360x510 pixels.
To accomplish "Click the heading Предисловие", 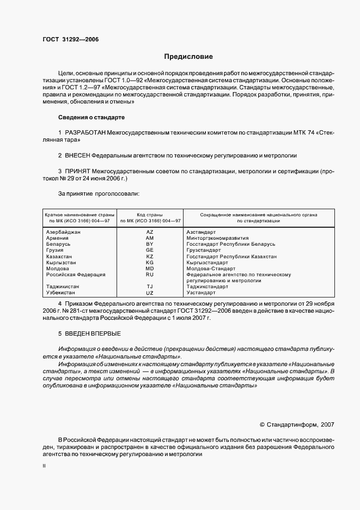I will coord(188,57).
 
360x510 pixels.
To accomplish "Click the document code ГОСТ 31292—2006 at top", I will coord(70,39).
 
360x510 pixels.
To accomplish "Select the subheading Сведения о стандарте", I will coord(91,117).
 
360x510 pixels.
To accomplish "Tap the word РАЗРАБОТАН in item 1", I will coord(86,132).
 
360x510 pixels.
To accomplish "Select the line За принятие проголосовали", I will coord(98,193).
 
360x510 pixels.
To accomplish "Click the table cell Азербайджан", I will coord(64,232).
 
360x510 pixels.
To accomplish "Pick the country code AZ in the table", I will coord(150,232).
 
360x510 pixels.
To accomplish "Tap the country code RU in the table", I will coord(150,275).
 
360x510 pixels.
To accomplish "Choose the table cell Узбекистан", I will coord(61,293).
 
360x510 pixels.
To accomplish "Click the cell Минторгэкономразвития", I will coord(217,238).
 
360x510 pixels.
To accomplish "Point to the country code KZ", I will coord(150,256).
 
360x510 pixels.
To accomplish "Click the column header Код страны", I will coord(150,215).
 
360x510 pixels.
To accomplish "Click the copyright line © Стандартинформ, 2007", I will coord(297,423).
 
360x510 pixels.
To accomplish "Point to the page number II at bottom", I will coord(44,466).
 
